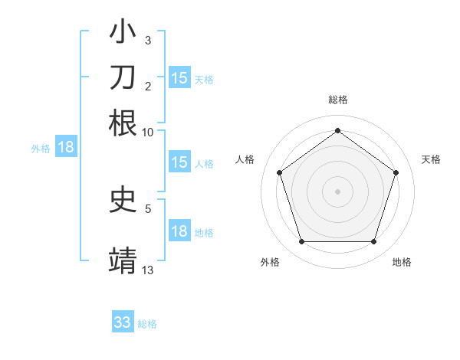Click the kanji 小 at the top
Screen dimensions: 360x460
tap(123, 32)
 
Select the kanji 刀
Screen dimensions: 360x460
tap(123, 77)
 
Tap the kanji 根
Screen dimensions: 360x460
tap(123, 123)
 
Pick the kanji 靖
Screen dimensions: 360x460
tap(123, 260)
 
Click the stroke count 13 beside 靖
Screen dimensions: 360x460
tap(148, 270)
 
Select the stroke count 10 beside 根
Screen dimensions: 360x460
tap(148, 132)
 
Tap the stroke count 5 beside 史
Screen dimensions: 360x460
tap(148, 208)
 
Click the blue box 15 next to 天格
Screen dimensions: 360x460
tap(179, 77)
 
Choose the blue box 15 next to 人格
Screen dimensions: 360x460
tap(179, 162)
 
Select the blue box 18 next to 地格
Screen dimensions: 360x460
tap(179, 231)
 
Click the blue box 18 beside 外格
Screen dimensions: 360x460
tap(66, 147)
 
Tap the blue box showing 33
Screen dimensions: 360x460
tap(123, 322)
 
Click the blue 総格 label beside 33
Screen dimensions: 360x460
tap(147, 324)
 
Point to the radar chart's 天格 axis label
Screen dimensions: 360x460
tap(431, 159)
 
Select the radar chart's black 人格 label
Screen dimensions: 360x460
tap(245, 159)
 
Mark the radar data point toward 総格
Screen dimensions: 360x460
tap(337, 130)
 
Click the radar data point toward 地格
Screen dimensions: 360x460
tap(373, 241)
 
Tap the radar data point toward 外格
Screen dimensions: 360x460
tap(301, 241)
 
